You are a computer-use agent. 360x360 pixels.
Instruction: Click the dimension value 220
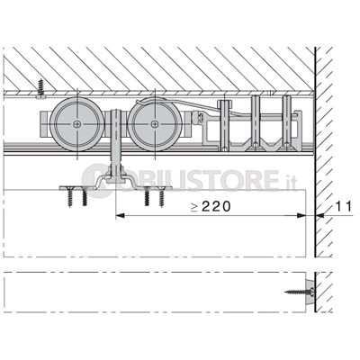[216, 206]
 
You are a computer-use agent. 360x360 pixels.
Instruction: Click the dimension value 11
[343, 206]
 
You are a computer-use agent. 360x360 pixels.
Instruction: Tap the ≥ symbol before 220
[194, 207]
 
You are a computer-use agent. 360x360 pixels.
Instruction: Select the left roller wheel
[77, 123]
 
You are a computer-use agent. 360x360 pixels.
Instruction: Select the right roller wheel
[155, 123]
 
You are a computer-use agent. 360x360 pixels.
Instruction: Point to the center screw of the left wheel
[77, 123]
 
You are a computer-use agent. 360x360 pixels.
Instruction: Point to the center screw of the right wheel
[155, 123]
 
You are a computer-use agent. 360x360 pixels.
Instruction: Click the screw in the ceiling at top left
[40, 88]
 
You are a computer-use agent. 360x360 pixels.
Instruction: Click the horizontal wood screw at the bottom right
[300, 291]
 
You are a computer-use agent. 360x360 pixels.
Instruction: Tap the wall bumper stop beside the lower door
[310, 290]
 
